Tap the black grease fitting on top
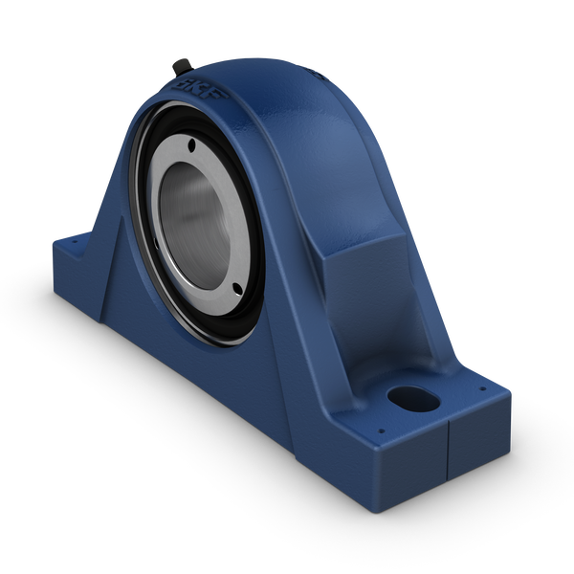[179, 66]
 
